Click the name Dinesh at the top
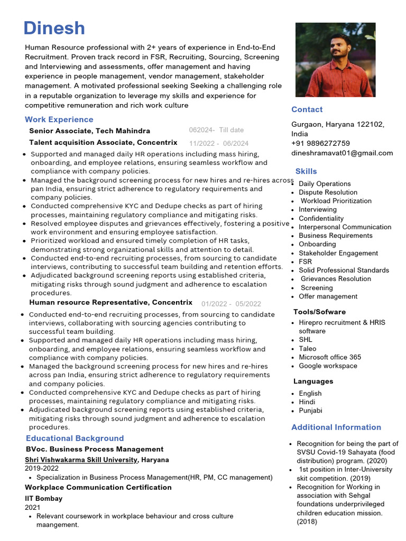tap(54, 29)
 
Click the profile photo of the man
tap(335, 59)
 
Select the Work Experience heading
tap(59, 119)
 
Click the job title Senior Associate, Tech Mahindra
tap(89, 130)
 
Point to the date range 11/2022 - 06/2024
tap(218, 143)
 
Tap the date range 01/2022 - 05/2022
tap(231, 304)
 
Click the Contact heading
tap(307, 109)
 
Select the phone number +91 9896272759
tap(320, 143)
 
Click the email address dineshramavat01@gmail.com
tap(342, 153)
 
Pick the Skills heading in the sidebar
tap(306, 171)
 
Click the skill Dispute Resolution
tap(328, 192)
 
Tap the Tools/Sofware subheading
tap(319, 312)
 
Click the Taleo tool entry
tap(308, 349)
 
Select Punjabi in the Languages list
tap(310, 411)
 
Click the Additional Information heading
tap(336, 427)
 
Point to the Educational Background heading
tap(75, 438)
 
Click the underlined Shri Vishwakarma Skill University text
tap(81, 460)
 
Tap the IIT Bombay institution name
tap(43, 498)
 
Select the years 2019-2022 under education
tap(42, 468)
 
